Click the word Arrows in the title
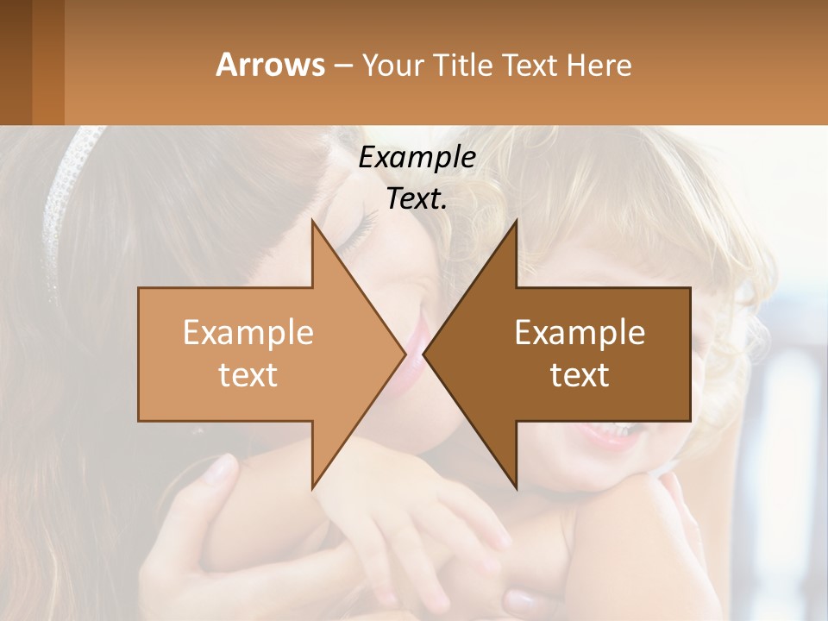click(x=270, y=65)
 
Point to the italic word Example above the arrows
click(x=417, y=157)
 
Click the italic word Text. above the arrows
click(x=417, y=198)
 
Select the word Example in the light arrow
click(x=248, y=332)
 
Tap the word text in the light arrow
click(x=248, y=375)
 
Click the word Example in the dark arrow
click(x=580, y=332)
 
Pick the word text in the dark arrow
click(x=580, y=375)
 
